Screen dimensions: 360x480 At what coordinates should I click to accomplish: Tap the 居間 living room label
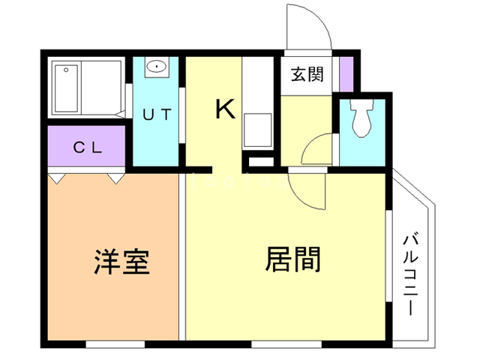293,259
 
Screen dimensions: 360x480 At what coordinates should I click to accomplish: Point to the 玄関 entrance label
307,75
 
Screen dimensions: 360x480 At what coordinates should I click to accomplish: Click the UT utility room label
157,115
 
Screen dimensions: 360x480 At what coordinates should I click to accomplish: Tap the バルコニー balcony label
410,274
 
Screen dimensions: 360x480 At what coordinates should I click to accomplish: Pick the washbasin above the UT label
157,67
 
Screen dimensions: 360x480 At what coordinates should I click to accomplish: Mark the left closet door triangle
57,178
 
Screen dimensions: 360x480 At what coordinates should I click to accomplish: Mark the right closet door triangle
115,178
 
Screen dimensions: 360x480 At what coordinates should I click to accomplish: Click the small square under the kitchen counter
261,161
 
